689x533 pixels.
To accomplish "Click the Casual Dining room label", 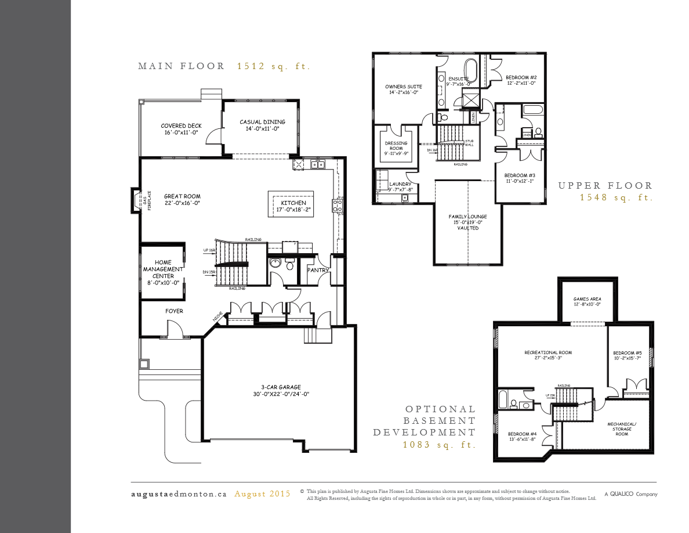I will pyautogui.click(x=263, y=125).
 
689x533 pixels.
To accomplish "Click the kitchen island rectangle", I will pyautogui.click(x=290, y=204).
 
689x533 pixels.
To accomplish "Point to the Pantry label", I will pyautogui.click(x=318, y=270).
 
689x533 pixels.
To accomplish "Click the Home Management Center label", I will pyautogui.click(x=163, y=272).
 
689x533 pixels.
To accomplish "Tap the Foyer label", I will pyautogui.click(x=174, y=311).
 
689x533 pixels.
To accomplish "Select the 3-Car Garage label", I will pyautogui.click(x=281, y=391).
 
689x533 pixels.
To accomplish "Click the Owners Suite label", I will pyautogui.click(x=404, y=90).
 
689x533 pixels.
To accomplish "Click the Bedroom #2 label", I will pyautogui.click(x=520, y=80).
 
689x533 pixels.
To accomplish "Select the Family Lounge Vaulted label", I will pyautogui.click(x=467, y=222).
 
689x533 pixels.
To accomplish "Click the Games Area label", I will pyautogui.click(x=587, y=301).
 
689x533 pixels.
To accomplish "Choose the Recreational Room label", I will pyautogui.click(x=548, y=355).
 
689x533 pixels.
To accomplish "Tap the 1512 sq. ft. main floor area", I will pyautogui.click(x=273, y=66).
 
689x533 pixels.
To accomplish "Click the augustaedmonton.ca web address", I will pyautogui.click(x=178, y=494).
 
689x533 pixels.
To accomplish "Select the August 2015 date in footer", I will pyautogui.click(x=262, y=494).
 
